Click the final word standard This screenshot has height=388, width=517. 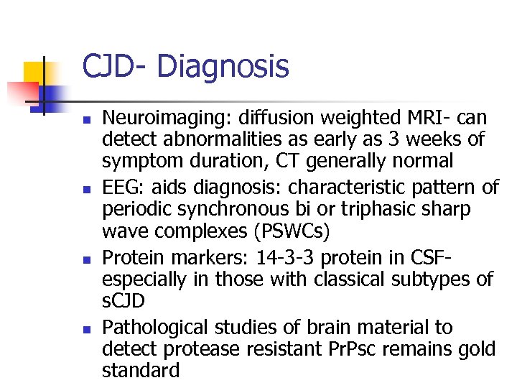141,371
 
